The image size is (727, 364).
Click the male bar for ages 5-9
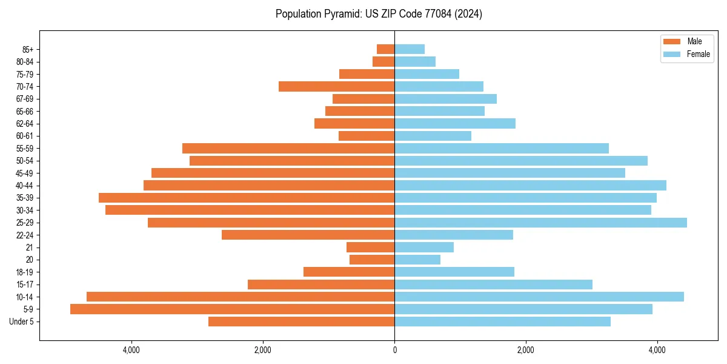pos(232,309)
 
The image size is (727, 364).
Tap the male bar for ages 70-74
pos(336,87)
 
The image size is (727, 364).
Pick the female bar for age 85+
pos(410,49)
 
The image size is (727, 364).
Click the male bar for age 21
pos(370,248)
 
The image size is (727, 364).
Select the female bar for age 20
pos(417,260)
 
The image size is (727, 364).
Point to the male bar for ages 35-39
pos(247,198)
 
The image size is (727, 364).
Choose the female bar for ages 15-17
pos(493,285)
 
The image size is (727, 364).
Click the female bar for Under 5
pos(502,322)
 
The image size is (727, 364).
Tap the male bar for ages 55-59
pos(288,149)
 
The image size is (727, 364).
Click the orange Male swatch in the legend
pos(672,41)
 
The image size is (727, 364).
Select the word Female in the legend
pos(699,54)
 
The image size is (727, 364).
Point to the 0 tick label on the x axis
pos(394,350)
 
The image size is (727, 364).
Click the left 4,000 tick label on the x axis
pos(131,350)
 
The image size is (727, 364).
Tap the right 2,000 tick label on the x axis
pos(526,350)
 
